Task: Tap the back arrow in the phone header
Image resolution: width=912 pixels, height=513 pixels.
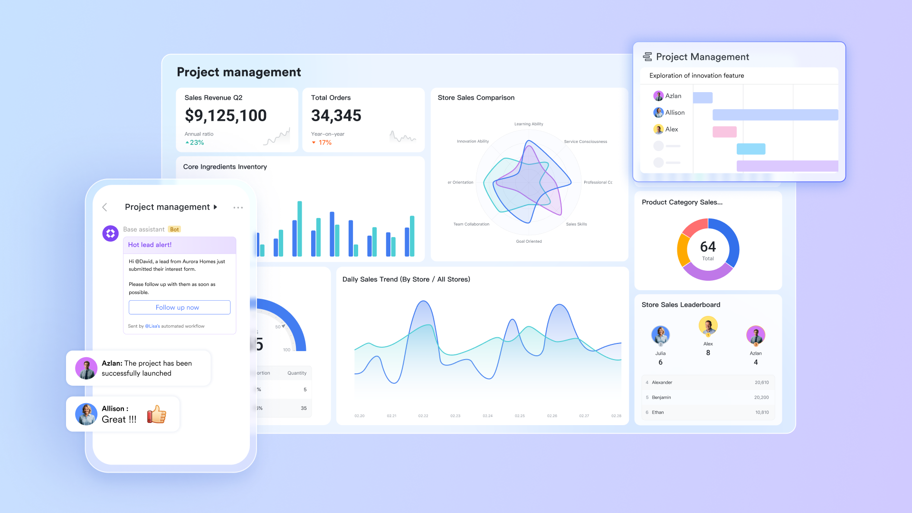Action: pos(105,207)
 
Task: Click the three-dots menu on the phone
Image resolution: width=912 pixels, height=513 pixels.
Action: pos(238,208)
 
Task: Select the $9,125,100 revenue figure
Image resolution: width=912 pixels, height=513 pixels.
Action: pos(226,115)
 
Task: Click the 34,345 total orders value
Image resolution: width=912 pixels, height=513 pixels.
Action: pos(336,115)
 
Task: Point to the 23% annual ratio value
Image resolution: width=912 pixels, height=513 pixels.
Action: pos(196,142)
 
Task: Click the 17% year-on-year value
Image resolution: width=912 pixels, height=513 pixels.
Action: pos(325,142)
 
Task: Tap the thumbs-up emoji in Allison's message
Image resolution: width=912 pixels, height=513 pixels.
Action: pos(157,414)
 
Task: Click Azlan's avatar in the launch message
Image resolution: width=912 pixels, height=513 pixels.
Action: pos(86,368)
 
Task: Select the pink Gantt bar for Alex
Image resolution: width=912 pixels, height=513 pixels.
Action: pos(724,132)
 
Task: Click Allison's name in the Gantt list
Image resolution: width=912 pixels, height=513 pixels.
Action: pos(674,113)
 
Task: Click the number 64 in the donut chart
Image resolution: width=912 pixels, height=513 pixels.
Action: pos(708,247)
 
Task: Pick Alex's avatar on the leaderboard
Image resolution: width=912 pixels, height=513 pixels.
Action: pos(708,326)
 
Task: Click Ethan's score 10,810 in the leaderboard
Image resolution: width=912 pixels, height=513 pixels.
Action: pos(761,412)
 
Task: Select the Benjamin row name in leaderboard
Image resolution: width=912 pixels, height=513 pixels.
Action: pos(661,398)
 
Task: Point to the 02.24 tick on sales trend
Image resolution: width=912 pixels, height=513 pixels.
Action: pos(487,416)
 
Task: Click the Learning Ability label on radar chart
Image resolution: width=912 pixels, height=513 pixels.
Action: pos(528,124)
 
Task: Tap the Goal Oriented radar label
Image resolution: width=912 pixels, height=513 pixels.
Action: pos(529,241)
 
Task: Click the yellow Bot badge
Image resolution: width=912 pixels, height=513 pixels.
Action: pos(174,229)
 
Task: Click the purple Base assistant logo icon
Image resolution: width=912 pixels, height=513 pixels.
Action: pos(111,233)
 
